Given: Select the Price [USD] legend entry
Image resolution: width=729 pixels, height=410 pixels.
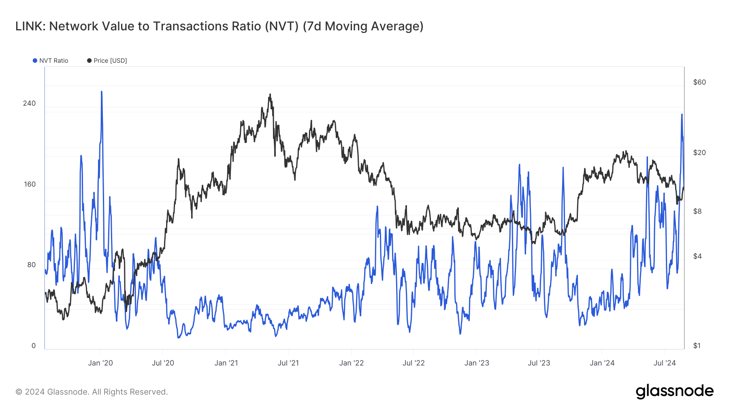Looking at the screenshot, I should pos(107,61).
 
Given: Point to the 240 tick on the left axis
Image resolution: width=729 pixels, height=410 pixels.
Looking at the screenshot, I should pos(30,103).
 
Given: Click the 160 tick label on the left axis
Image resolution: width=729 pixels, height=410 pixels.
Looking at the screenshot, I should pos(30,184).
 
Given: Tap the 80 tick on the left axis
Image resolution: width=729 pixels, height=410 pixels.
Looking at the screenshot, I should pos(31,265).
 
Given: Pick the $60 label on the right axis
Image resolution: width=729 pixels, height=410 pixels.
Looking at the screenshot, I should pos(699,82).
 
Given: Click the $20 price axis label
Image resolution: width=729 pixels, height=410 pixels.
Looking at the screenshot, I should pos(699,153).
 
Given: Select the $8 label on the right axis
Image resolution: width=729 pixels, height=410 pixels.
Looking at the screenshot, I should pos(697,211).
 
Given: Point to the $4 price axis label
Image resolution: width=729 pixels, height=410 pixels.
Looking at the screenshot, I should pos(697,256).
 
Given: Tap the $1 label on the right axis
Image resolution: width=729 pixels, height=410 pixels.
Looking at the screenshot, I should pos(697,346).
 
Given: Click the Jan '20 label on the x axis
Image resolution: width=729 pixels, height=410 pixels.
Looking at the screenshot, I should pos(100,363).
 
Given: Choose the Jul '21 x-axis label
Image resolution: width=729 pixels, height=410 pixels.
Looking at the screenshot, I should pos(288,363).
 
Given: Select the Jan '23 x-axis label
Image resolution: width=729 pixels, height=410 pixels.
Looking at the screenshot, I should pos(477,363).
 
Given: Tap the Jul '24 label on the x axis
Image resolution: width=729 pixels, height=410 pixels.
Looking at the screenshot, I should pos(665,363).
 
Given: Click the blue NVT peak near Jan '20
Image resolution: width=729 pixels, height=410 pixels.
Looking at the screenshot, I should pos(101,92).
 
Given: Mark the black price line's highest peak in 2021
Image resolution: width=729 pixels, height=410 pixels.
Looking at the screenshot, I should pos(270,95).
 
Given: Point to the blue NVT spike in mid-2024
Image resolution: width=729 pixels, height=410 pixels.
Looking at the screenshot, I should pos(682,115).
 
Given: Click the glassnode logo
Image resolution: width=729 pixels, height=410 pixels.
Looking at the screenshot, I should pos(674,391).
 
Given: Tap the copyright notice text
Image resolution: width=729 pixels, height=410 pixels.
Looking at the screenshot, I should pos(92,392).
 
